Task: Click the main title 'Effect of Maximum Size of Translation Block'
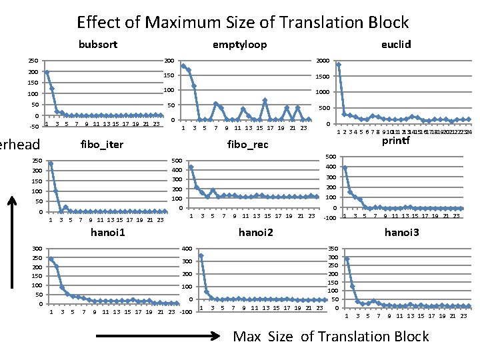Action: click(243, 23)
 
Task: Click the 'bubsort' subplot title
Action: click(98, 45)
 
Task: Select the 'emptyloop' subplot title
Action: click(239, 45)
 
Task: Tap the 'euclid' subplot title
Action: click(396, 45)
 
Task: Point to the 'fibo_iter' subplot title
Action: click(101, 144)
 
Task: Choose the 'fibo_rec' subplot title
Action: click(247, 145)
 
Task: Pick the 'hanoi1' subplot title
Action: click(108, 233)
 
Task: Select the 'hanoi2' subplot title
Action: click(256, 233)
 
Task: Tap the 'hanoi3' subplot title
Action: click(402, 233)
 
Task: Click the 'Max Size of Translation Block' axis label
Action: click(331, 336)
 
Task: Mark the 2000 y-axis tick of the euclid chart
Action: click(322, 61)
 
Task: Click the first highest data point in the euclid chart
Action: click(339, 65)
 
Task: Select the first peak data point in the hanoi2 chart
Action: click(201, 255)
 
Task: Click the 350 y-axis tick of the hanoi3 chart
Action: click(333, 249)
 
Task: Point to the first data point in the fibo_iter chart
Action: click(51, 163)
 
